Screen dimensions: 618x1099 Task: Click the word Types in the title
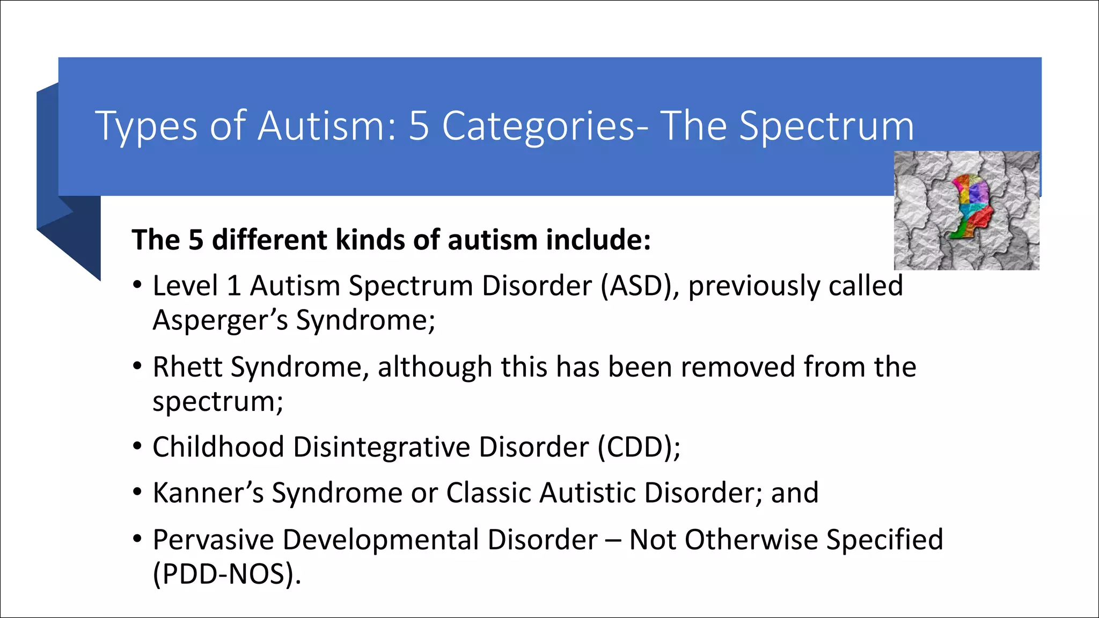tap(146, 127)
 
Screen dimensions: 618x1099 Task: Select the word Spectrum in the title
tap(826, 127)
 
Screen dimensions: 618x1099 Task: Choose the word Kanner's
tap(208, 493)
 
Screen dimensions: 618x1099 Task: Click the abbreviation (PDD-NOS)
tap(226, 574)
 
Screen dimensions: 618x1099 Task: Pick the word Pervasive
tap(213, 540)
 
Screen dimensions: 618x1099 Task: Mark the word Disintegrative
tap(382, 447)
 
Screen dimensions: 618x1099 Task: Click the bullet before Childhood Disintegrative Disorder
tap(138, 446)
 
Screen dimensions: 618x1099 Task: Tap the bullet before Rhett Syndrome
tap(138, 367)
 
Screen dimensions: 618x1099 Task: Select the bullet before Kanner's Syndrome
tap(138, 492)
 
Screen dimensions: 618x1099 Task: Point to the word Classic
tap(488, 493)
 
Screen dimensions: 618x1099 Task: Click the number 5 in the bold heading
tap(195, 240)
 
